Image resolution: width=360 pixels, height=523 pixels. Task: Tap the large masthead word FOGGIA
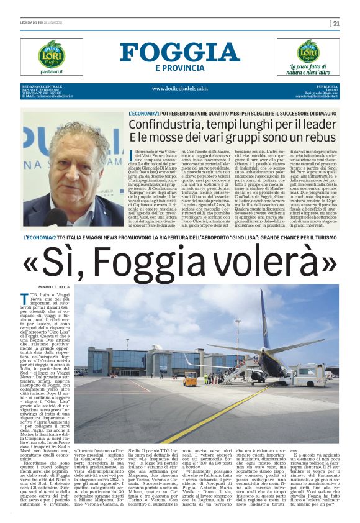[x=180, y=53]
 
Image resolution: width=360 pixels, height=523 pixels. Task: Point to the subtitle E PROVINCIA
[x=179, y=68]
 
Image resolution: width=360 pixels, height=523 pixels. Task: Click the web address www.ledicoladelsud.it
[x=180, y=88]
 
